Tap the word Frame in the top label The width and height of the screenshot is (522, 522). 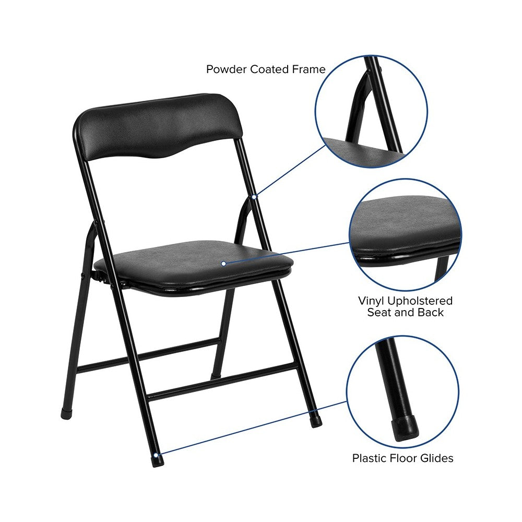(309, 69)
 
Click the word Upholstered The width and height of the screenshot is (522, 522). (420, 302)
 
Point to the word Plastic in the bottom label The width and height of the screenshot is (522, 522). (370, 458)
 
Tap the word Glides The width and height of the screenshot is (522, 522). (436, 458)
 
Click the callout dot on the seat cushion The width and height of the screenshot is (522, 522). (224, 264)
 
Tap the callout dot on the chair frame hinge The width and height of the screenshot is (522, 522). (254, 197)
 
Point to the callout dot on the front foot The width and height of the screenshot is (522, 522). (156, 455)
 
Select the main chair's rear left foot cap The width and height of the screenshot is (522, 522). (67, 414)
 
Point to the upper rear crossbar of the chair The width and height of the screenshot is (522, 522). (148, 355)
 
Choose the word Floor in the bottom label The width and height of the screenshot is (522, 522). (404, 458)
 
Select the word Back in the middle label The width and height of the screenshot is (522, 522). (431, 313)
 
